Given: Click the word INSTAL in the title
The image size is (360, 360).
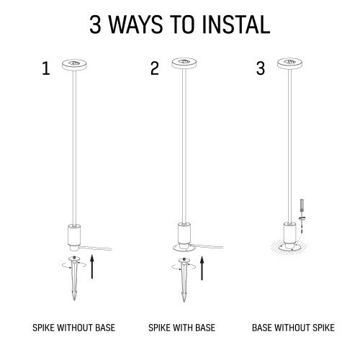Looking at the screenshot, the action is click(x=236, y=24).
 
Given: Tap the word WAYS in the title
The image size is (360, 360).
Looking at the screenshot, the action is click(x=136, y=24).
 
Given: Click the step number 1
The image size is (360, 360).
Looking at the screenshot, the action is click(x=46, y=68).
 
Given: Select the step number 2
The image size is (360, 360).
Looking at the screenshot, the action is click(x=155, y=68).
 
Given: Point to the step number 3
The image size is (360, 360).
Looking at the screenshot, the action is click(x=261, y=68).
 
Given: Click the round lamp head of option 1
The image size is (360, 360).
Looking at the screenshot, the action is click(x=74, y=64).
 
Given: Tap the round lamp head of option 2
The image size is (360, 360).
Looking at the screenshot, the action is click(x=184, y=63).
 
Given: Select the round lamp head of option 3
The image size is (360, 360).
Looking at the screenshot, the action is click(x=289, y=63).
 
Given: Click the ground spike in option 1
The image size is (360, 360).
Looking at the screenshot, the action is click(x=74, y=278).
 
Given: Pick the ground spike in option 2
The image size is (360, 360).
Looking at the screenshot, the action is click(x=184, y=279).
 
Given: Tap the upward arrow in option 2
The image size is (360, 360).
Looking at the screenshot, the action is click(x=202, y=268).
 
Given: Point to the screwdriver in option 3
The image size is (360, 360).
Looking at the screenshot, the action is click(x=302, y=216).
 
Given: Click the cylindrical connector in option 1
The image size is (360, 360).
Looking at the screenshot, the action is click(x=74, y=237).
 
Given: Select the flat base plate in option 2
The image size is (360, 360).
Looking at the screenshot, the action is click(x=184, y=248).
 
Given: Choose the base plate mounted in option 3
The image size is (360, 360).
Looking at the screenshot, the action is click(x=289, y=247).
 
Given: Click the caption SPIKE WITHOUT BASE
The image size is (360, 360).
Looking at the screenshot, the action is click(x=74, y=328).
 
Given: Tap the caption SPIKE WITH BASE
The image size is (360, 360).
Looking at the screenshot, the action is click(x=181, y=328).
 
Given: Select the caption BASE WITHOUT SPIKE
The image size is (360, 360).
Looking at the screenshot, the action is click(x=293, y=328).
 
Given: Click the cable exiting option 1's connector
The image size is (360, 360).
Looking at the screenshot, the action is click(x=96, y=248).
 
